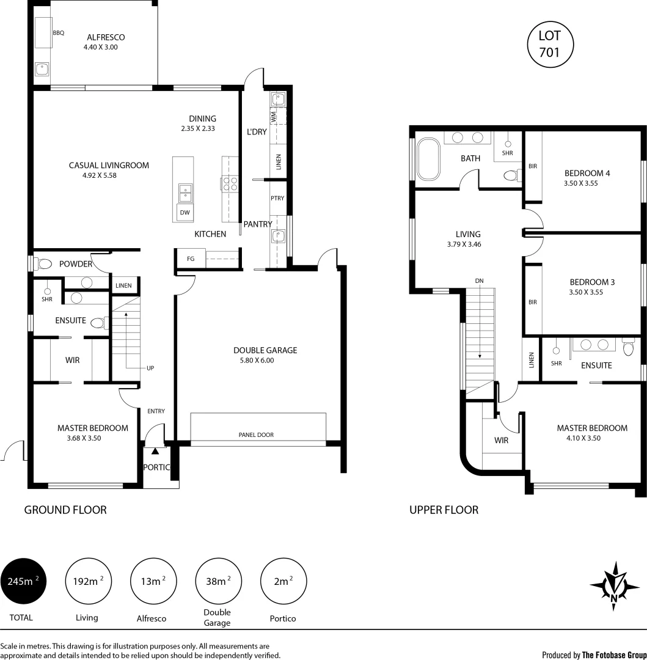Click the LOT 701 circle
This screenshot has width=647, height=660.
549,45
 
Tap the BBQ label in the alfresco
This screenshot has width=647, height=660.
58,33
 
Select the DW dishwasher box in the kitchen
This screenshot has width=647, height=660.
184,213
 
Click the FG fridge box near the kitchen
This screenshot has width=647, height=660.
191,259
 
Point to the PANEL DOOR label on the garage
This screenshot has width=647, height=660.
256,435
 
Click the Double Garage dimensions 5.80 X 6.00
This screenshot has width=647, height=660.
257,361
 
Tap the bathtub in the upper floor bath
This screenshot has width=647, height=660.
428,159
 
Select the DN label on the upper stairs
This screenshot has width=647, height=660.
480,280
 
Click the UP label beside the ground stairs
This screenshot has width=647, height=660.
150,369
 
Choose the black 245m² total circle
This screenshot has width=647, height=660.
24,581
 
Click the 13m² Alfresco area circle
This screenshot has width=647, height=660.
154,581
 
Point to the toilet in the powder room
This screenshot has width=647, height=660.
43,264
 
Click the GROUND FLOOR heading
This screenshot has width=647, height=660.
65,510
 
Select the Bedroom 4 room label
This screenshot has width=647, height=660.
587,173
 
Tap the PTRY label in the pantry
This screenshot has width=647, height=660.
277,199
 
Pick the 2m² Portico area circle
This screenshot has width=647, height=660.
283,581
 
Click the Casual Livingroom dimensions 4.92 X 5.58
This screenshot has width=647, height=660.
92,175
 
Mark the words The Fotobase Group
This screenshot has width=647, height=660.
614,654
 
